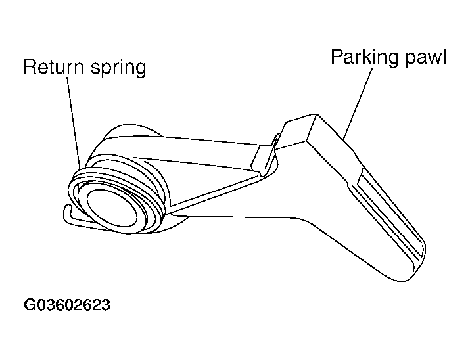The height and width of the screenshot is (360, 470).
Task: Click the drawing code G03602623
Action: coord(67,305)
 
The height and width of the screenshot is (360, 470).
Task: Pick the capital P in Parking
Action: coord(337,57)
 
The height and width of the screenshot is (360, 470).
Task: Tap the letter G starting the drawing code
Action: coord(30,305)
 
